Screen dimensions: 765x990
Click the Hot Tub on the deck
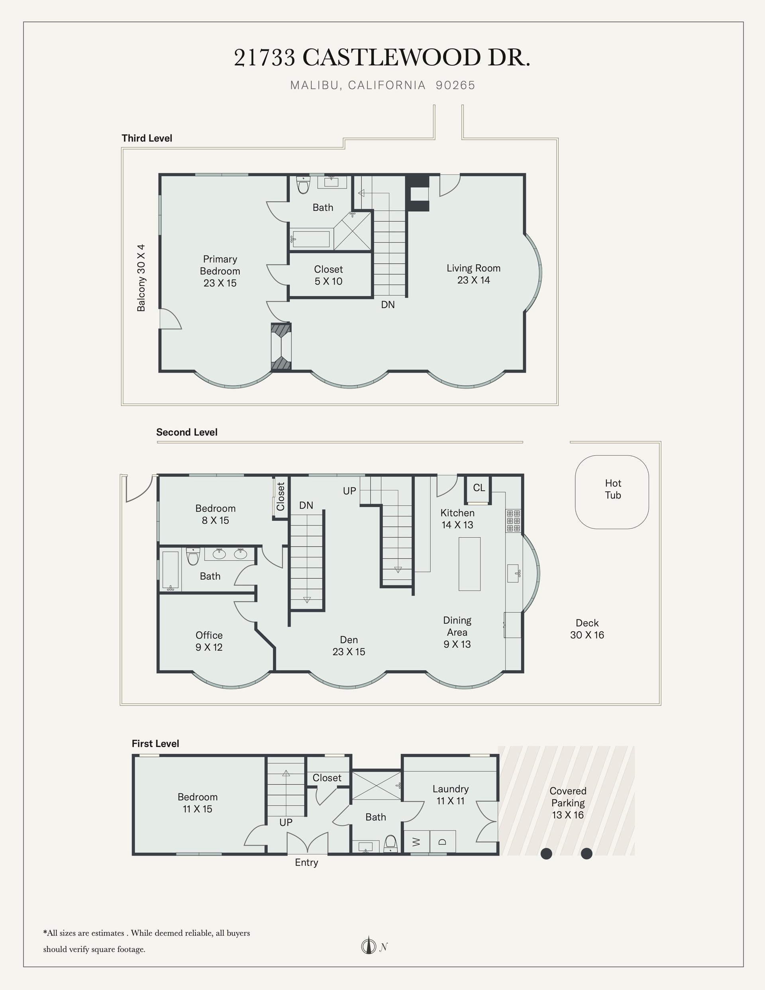click(612, 492)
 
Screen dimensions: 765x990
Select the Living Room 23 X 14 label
click(474, 274)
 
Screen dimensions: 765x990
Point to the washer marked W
click(416, 841)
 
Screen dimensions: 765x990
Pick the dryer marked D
click(443, 841)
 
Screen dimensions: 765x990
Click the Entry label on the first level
click(306, 862)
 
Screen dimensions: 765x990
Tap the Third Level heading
click(147, 138)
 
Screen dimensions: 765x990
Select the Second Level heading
click(187, 432)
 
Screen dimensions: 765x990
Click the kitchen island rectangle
click(469, 564)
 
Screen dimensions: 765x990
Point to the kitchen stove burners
click(514, 521)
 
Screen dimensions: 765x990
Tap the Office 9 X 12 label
click(209, 641)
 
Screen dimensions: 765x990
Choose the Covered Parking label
click(568, 803)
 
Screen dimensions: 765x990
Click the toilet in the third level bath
click(303, 185)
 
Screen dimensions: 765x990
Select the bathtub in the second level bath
click(171, 571)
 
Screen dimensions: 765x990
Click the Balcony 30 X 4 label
click(141, 278)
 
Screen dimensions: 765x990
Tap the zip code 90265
click(455, 85)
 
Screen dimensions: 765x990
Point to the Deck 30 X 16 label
click(587, 629)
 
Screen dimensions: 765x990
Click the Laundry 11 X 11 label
click(451, 795)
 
